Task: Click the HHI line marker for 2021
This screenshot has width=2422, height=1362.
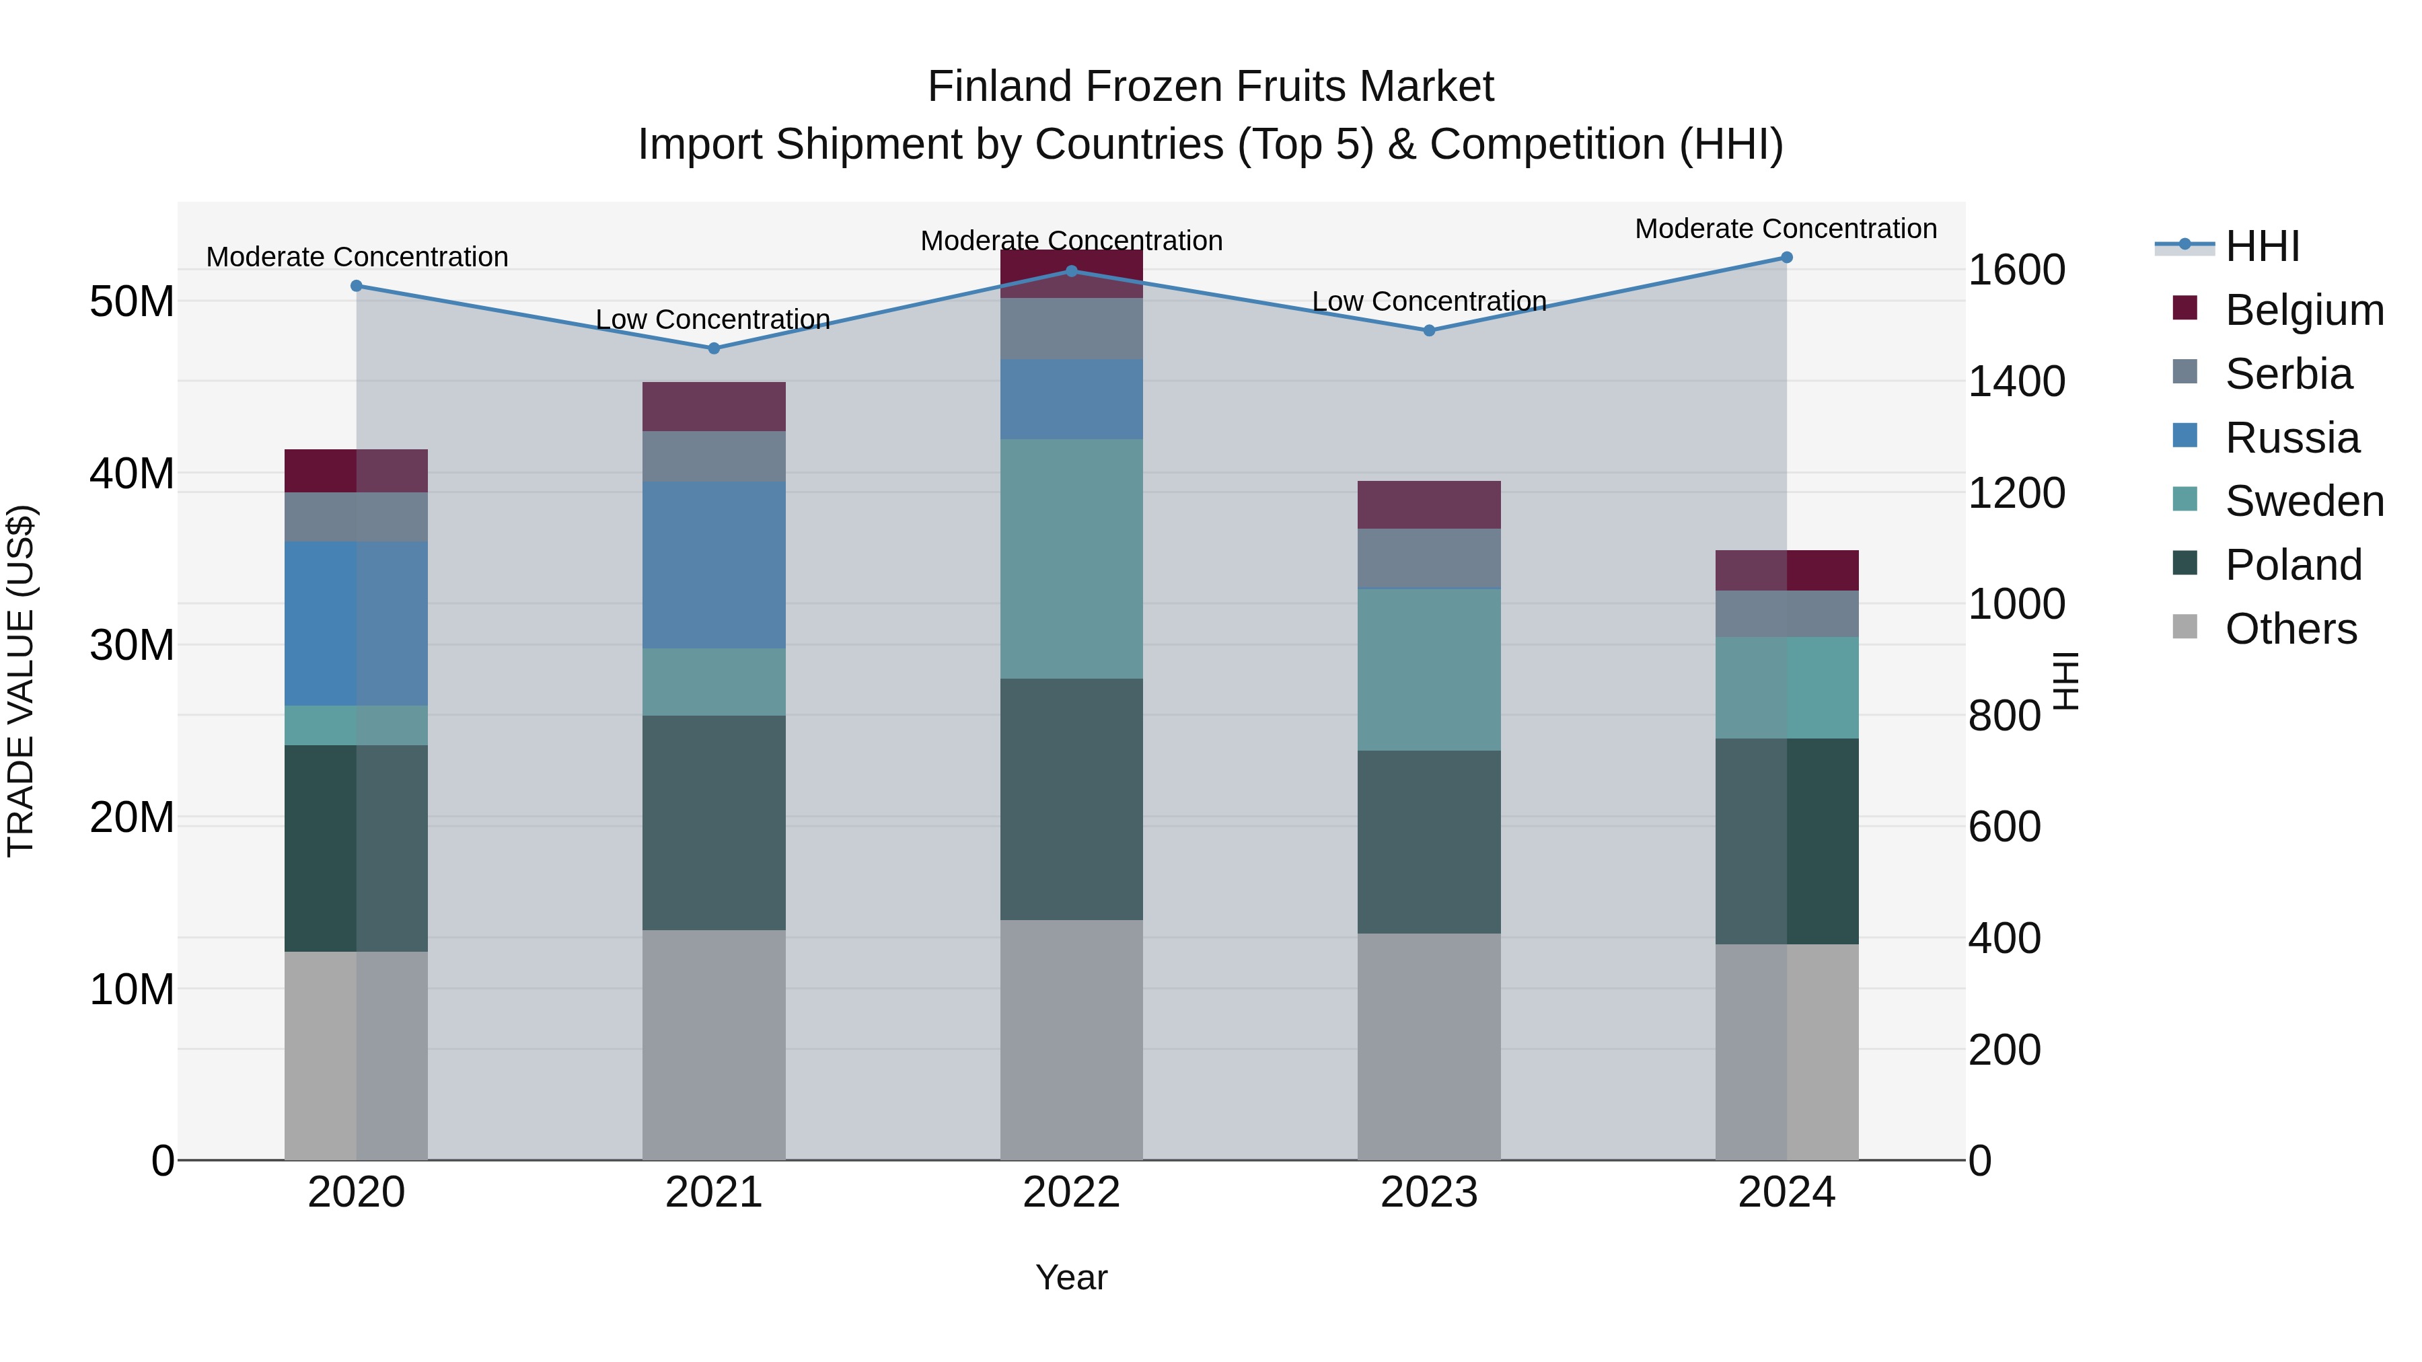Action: [714, 348]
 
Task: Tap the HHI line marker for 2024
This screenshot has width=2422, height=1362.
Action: [1786, 258]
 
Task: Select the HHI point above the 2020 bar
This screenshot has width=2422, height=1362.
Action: [357, 286]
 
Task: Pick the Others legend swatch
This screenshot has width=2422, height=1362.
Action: [2185, 627]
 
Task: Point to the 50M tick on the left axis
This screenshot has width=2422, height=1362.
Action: [132, 303]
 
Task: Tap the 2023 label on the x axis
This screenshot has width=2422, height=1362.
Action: [1428, 1193]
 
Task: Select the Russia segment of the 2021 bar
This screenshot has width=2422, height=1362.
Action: [714, 565]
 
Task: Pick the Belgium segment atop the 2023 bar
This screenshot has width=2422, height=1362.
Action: [1428, 504]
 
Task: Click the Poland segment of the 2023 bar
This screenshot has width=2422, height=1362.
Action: [1428, 841]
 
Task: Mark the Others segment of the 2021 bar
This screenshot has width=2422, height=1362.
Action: [714, 1045]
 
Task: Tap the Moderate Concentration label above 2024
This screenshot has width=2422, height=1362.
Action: [1786, 229]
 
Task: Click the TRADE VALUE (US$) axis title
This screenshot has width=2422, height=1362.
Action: [21, 681]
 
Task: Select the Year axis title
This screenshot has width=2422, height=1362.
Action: [1071, 1277]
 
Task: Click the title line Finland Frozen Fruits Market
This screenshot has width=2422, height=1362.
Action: [1210, 87]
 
